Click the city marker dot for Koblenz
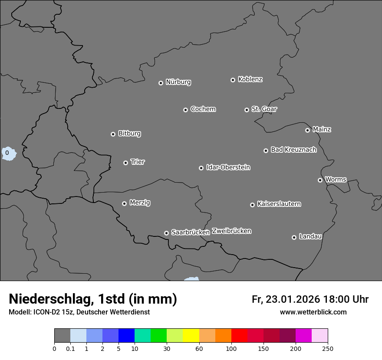233,80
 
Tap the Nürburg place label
178,82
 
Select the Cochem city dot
185,110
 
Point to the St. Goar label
264,109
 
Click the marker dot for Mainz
307,130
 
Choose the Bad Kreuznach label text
293,150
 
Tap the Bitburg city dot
113,134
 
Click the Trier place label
138,162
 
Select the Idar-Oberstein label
228,167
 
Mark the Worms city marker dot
320,180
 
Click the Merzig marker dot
124,203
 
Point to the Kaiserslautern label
279,204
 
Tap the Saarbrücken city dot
166,233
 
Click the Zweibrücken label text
231,231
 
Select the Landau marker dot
294,237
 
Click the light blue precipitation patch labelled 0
8,153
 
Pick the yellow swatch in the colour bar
191,336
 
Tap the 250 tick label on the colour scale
327,348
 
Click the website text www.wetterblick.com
313,312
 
